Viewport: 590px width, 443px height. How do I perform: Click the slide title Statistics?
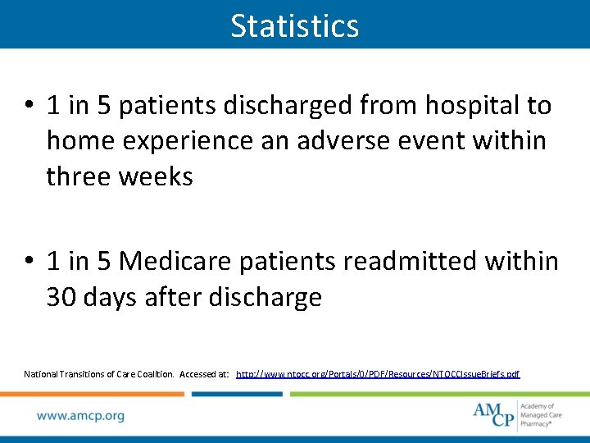coord(295,25)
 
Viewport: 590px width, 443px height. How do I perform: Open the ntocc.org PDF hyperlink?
coord(378,374)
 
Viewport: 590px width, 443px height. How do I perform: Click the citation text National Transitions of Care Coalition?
coord(98,374)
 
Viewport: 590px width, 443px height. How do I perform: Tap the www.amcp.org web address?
coord(80,416)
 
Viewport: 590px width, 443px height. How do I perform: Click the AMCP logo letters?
coord(493,413)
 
